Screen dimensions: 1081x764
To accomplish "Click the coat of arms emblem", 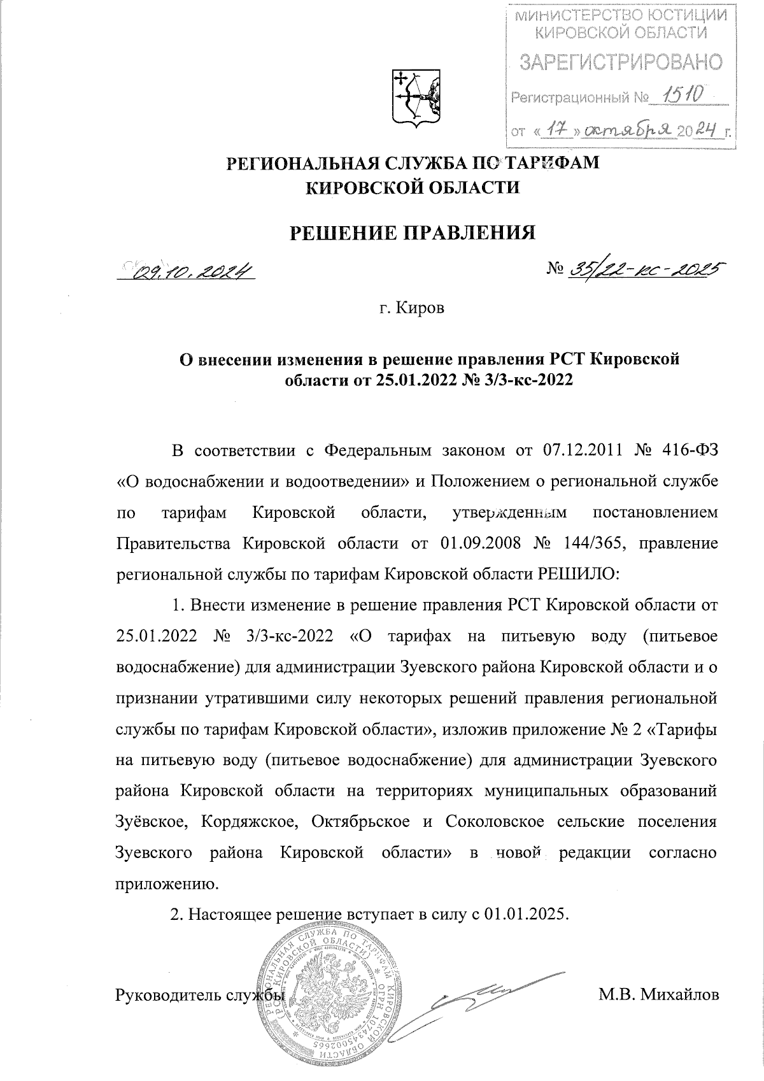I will coord(414,96).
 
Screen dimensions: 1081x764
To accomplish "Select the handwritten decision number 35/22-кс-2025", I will coord(643,270).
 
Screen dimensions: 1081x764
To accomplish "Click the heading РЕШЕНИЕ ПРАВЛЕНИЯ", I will coord(413,233).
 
